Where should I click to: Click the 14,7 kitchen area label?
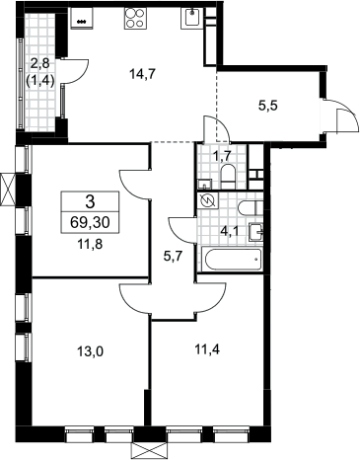pyautogui.click(x=142, y=75)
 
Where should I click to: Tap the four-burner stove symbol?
pyautogui.click(x=135, y=19)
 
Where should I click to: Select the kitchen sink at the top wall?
pyautogui.click(x=192, y=19)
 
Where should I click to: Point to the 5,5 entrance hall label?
pyautogui.click(x=268, y=107)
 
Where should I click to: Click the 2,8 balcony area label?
pyautogui.click(x=39, y=63)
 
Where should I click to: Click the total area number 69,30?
pyautogui.click(x=90, y=223)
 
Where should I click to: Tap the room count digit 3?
pyautogui.click(x=90, y=202)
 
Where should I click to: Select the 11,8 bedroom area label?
pyautogui.click(x=90, y=245)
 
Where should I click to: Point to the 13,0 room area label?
pyautogui.click(x=90, y=352)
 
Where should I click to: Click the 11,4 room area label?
pyautogui.click(x=207, y=349)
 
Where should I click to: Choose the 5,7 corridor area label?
pyautogui.click(x=173, y=256)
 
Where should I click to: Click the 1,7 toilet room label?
pyautogui.click(x=223, y=156)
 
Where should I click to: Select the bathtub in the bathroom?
pyautogui.click(x=234, y=260)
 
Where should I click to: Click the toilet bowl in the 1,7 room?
pyautogui.click(x=228, y=177)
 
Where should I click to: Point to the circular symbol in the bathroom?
pyautogui.click(x=208, y=200)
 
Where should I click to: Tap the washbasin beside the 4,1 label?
pyautogui.click(x=256, y=232)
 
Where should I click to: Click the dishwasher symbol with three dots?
pyautogui.click(x=82, y=19)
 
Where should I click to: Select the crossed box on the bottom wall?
pyautogui.click(x=149, y=450)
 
